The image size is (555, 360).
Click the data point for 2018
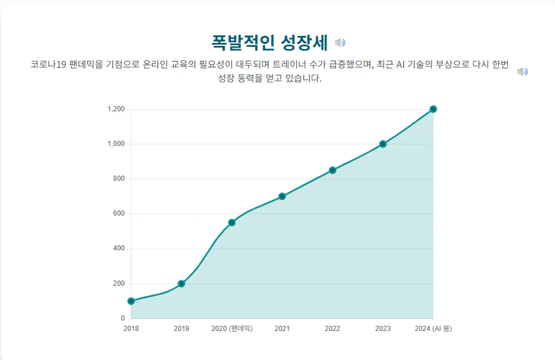131,301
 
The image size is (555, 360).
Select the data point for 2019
182,283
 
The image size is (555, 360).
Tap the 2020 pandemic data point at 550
232,223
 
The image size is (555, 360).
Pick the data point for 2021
282,197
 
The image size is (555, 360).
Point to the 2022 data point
332,170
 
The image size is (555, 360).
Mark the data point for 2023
383,144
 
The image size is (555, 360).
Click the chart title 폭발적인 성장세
270,42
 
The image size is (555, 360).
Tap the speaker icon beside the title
340,42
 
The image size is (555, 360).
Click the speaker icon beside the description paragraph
523,71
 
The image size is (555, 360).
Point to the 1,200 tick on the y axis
116,109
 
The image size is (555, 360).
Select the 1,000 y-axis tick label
116,144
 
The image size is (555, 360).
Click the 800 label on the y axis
118,179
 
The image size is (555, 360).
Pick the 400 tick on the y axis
118,249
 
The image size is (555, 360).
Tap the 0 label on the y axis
122,318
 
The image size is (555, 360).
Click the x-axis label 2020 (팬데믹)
232,329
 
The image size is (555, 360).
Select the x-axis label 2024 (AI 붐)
433,329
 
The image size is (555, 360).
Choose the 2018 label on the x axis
131,329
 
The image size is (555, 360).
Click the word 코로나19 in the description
48,64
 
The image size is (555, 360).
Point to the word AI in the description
401,64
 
